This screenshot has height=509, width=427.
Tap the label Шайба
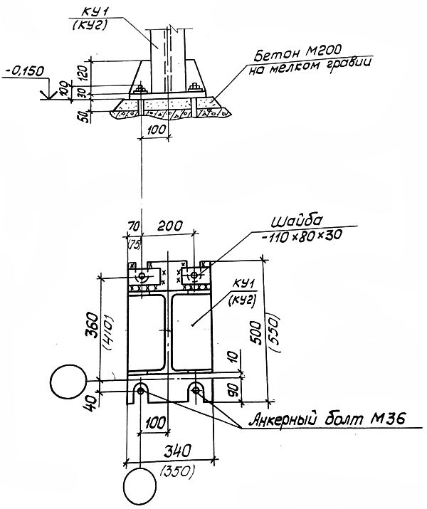coord(296,221)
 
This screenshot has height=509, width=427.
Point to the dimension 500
coord(255,333)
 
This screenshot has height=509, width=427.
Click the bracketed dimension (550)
coord(275,333)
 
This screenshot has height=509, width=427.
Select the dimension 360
coord(92,325)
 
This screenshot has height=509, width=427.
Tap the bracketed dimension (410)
coord(108,332)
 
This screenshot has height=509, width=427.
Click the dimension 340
coord(177,451)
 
